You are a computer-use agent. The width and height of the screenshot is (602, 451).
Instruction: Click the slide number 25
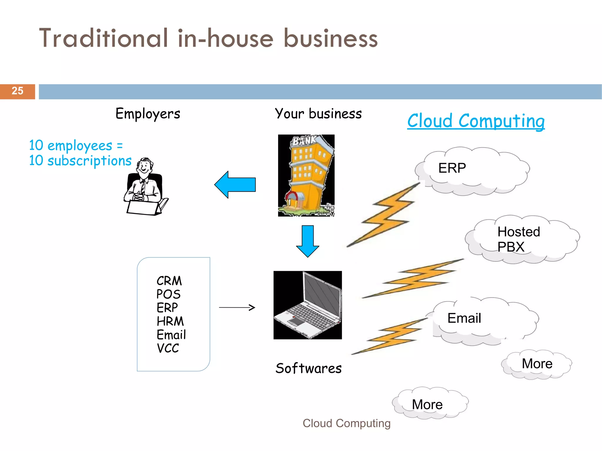coord(17,91)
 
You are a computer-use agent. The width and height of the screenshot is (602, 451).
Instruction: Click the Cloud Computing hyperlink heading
coord(476,121)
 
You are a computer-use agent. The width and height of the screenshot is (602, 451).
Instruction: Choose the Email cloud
coord(485,320)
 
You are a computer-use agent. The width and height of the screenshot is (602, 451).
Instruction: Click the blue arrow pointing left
coord(235,185)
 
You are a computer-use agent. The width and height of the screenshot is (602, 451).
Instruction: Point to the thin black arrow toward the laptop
coord(237,308)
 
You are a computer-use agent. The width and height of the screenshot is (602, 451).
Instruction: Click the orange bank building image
coord(306,175)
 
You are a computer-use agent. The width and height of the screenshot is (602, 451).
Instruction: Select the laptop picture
coord(307,305)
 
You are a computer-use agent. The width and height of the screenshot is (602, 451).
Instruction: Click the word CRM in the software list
coord(169,281)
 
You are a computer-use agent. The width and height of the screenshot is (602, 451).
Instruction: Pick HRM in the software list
coord(170,321)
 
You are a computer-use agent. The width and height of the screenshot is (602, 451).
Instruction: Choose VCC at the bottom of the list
coord(168,348)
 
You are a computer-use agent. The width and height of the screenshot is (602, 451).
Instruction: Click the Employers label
coord(148,114)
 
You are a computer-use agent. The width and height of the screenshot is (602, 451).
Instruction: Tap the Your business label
coord(318,114)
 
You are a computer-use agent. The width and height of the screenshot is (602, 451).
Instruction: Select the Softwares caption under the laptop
coord(308,368)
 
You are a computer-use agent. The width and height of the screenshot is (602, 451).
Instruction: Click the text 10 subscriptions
coord(80,161)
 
